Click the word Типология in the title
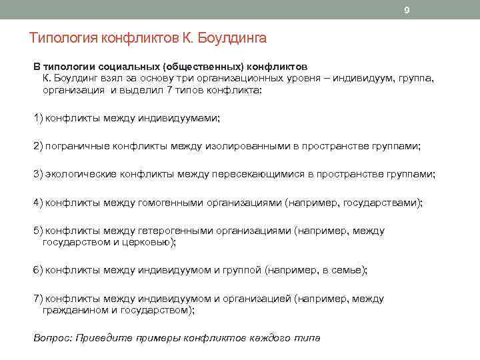[x=63, y=39]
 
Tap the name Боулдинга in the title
[x=233, y=39]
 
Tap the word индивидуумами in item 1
[x=178, y=119]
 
